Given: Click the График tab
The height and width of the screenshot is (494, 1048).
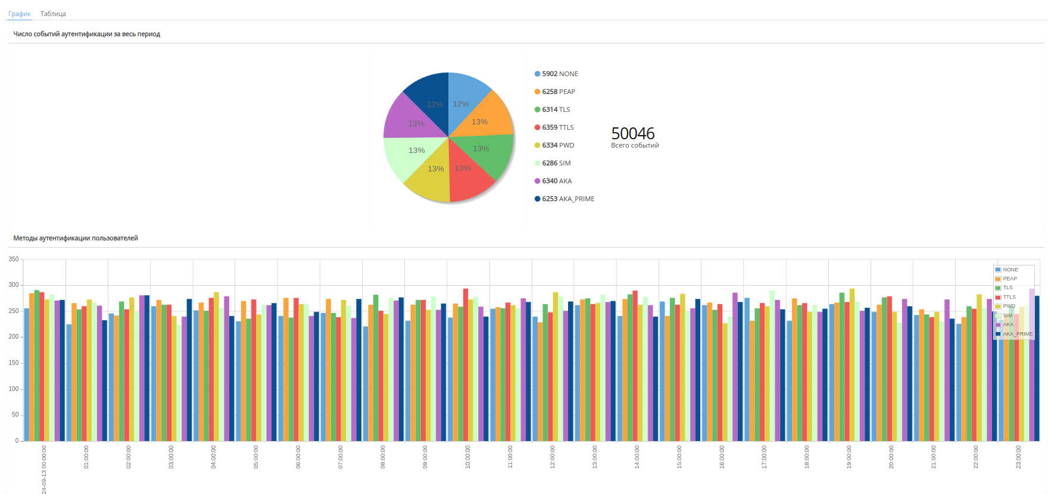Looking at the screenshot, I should pyautogui.click(x=19, y=14).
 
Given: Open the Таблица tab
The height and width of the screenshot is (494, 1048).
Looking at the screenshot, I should pyautogui.click(x=53, y=14).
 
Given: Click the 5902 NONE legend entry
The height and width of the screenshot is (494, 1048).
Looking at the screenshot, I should pyautogui.click(x=556, y=74).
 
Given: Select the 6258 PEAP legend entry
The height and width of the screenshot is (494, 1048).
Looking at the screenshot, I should pyautogui.click(x=554, y=92).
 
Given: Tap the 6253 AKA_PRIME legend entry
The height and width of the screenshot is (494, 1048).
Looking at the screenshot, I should pyautogui.click(x=564, y=199).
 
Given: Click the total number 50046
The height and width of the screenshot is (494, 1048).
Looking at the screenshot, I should pyautogui.click(x=632, y=133).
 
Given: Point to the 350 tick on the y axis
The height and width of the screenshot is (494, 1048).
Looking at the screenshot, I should pyautogui.click(x=14, y=259).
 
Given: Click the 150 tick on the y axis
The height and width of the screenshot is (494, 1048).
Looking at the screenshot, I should pyautogui.click(x=14, y=362).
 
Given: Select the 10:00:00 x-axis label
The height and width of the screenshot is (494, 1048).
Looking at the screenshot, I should pyautogui.click(x=467, y=457).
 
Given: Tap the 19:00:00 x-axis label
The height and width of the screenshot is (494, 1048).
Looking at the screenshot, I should pyautogui.click(x=849, y=457).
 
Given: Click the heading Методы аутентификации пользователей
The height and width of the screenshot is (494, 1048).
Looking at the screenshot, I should pyautogui.click(x=76, y=238).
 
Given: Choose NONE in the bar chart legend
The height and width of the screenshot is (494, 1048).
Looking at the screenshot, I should pyautogui.click(x=1010, y=270).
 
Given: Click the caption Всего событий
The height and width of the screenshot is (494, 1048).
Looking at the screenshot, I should pyautogui.click(x=635, y=145).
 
